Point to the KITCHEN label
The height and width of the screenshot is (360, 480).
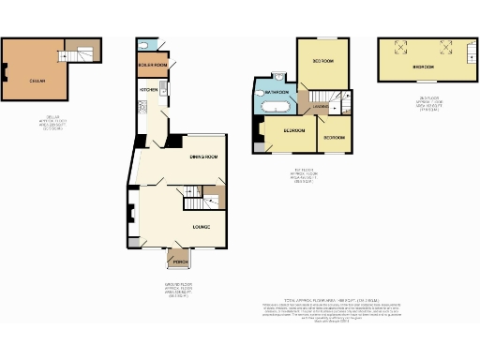coord(148,89)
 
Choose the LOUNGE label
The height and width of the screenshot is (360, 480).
coord(201,227)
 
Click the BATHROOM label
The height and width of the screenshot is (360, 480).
coord(276,94)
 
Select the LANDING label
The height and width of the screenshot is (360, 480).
coord(320,108)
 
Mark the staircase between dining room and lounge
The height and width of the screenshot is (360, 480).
coord(195,201)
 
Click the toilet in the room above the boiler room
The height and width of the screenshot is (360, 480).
coord(142,44)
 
